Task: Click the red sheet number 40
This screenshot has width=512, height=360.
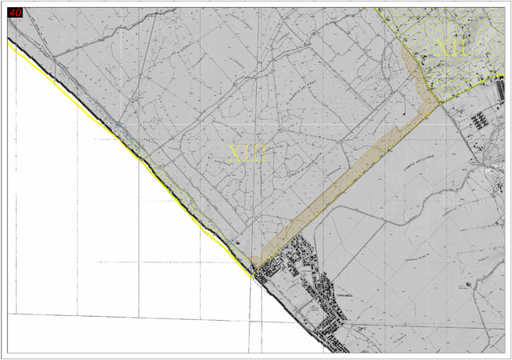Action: tap(16, 12)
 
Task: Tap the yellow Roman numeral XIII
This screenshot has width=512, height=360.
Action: tap(247, 154)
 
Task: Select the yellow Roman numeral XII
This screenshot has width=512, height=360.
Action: tap(451, 50)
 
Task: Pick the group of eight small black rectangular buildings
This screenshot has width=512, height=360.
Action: tap(481, 121)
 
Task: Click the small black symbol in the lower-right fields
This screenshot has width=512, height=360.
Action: tap(464, 284)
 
